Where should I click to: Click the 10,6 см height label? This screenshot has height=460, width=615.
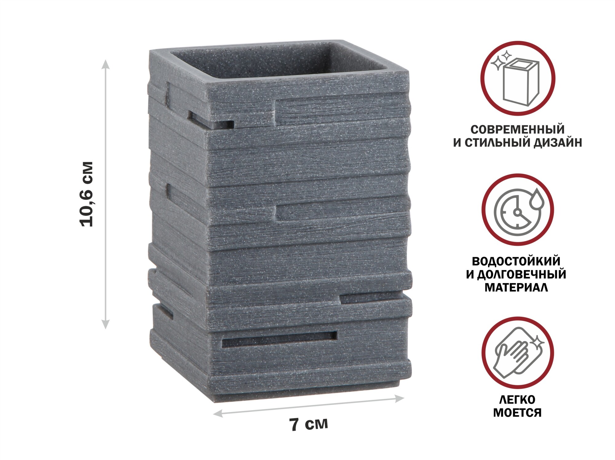pyautogui.click(x=86, y=194)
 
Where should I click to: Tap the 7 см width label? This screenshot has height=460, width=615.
pyautogui.click(x=308, y=424)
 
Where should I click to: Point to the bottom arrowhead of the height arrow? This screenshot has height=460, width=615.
pyautogui.click(x=105, y=324)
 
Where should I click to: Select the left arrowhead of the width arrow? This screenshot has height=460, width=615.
pyautogui.click(x=218, y=413)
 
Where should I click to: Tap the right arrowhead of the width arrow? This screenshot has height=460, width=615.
pyautogui.click(x=399, y=399)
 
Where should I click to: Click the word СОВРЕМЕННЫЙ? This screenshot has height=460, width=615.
pyautogui.click(x=518, y=129)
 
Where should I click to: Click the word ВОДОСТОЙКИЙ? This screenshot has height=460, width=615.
pyautogui.click(x=516, y=261)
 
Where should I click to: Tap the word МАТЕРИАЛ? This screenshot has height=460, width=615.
pyautogui.click(x=516, y=288)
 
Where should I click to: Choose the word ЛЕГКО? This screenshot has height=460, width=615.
pyautogui.click(x=518, y=399)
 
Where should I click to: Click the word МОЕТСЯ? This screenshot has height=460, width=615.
pyautogui.click(x=518, y=413)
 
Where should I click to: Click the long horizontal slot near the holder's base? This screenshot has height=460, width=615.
pyautogui.click(x=279, y=339)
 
